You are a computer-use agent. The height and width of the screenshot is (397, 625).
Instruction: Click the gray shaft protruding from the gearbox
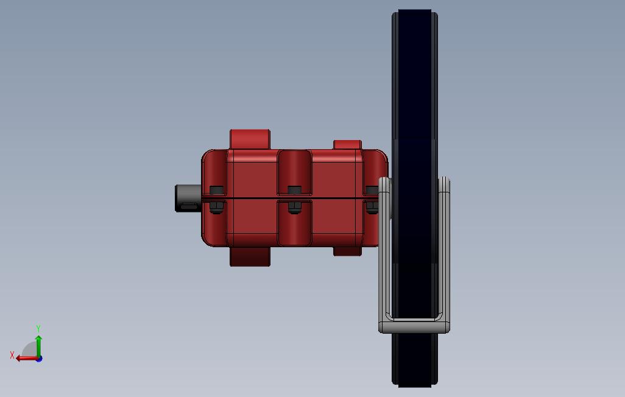(x=188, y=198)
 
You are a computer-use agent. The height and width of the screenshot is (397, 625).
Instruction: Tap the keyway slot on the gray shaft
(x=189, y=206)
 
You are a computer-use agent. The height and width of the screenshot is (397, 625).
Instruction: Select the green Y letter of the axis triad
(x=38, y=328)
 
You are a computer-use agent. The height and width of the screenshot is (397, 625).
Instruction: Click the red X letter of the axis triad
(x=12, y=355)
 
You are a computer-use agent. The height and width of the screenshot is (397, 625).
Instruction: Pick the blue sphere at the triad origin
(x=39, y=359)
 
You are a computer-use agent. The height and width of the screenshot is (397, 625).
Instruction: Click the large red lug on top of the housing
(x=250, y=139)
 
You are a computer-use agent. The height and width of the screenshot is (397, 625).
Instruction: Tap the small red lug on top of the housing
(x=347, y=145)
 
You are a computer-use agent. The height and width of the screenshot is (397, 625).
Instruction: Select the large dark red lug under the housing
(x=250, y=256)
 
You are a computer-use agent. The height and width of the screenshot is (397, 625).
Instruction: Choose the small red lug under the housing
(x=347, y=251)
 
